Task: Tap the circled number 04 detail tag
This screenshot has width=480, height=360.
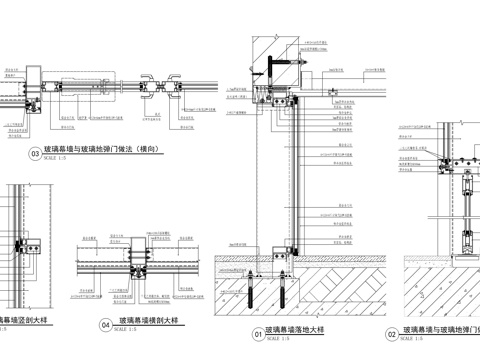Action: pyautogui.click(x=106, y=325)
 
